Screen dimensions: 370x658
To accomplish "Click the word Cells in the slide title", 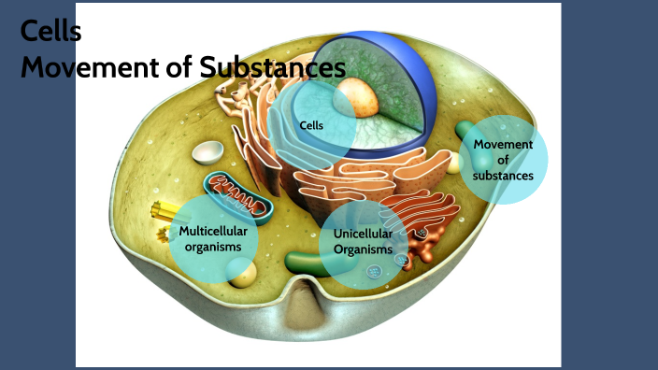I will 50,33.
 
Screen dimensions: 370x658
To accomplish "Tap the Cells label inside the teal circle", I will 311,124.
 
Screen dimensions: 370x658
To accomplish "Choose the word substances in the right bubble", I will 503,175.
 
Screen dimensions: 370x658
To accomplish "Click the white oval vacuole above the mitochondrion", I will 207,152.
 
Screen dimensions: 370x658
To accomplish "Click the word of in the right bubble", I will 503,160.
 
